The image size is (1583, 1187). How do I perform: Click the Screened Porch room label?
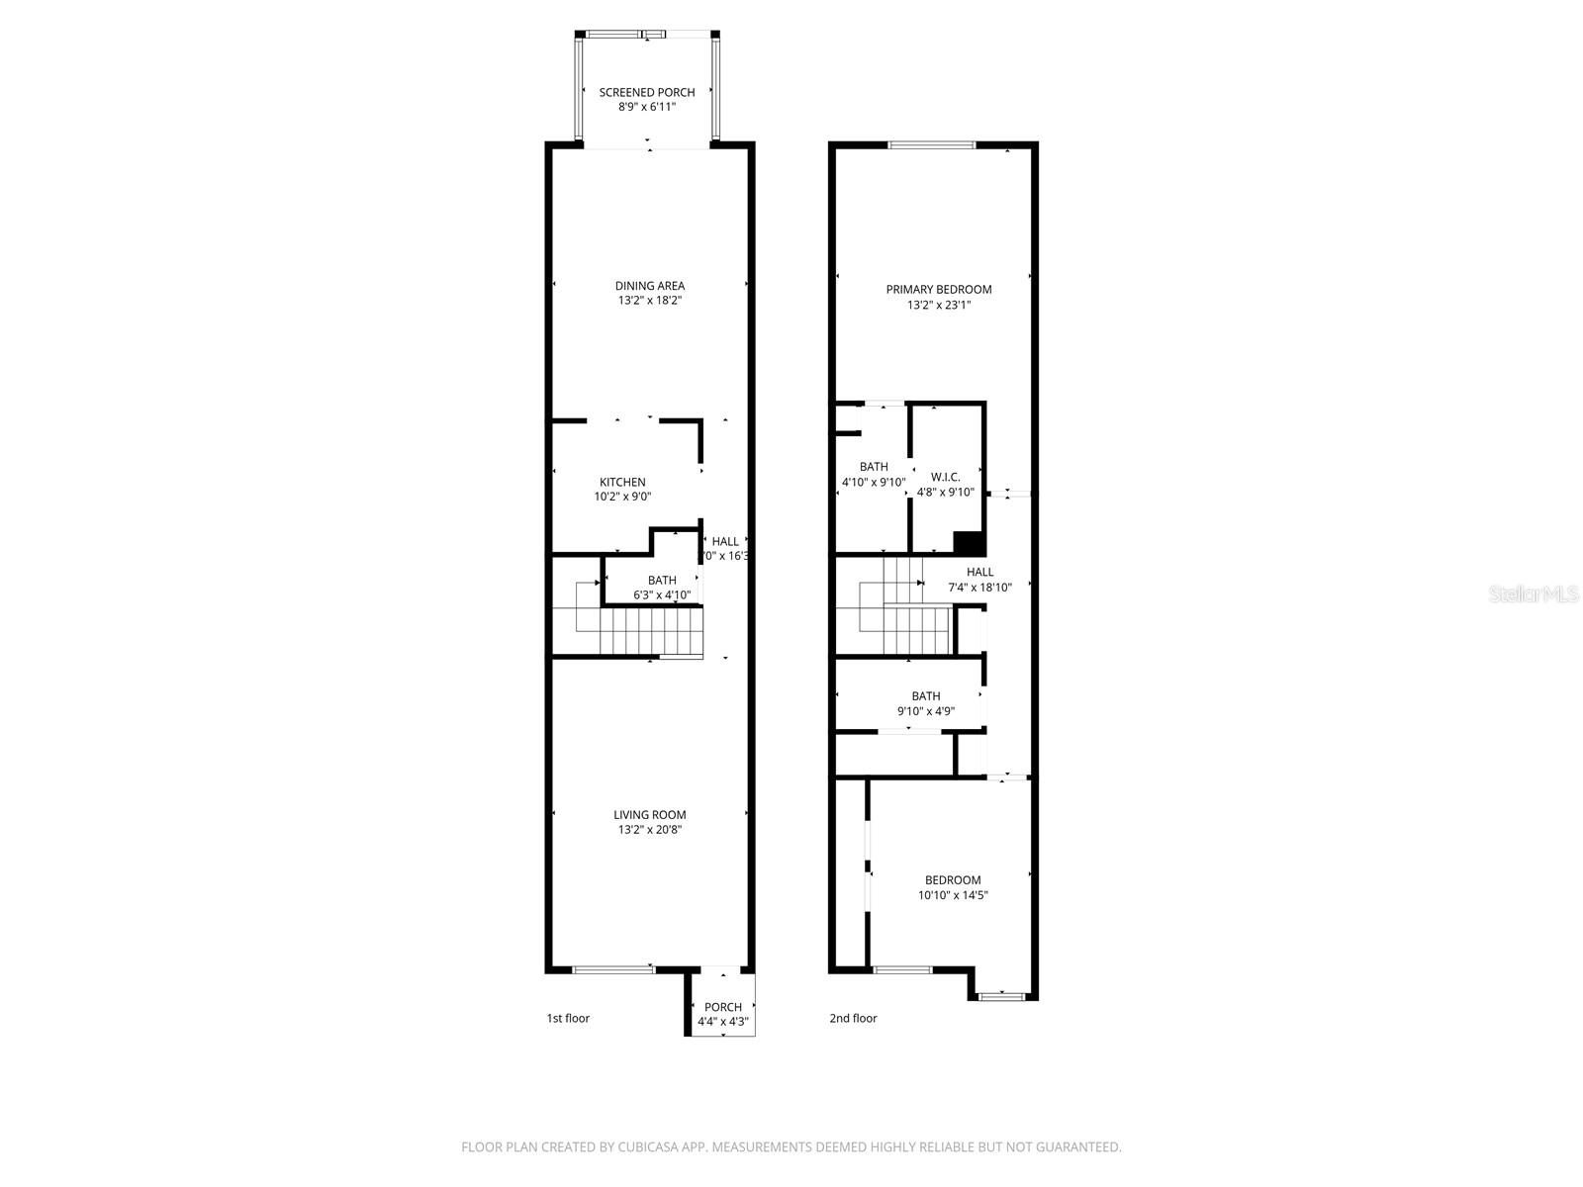pyautogui.click(x=647, y=92)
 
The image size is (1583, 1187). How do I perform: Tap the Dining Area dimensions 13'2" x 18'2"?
pyautogui.click(x=650, y=301)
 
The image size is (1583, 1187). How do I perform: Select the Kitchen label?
pyautogui.click(x=622, y=482)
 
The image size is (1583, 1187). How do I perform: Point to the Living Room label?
pyautogui.click(x=650, y=815)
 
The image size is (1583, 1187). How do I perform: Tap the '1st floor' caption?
pyautogui.click(x=568, y=1018)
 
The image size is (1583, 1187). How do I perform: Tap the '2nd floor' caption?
pyautogui.click(x=853, y=1018)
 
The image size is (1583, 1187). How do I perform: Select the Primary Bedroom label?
pyautogui.click(x=938, y=290)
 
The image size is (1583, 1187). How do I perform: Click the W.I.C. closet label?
pyautogui.click(x=946, y=477)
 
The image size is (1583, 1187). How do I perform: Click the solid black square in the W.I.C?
pyautogui.click(x=969, y=542)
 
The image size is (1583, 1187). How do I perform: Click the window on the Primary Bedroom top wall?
pyautogui.click(x=932, y=145)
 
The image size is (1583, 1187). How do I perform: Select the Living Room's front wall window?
pyautogui.click(x=613, y=969)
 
